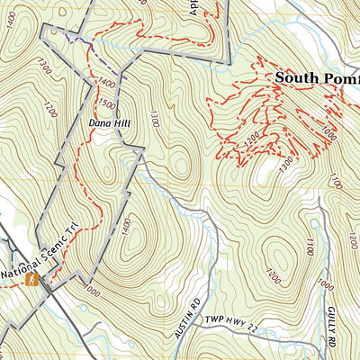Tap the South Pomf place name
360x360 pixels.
[317, 77]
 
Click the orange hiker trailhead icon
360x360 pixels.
[31, 280]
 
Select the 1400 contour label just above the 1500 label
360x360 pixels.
[107, 84]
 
